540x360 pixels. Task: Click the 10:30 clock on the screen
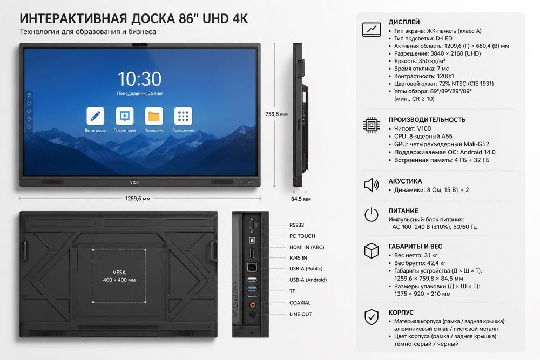(x=139, y=79)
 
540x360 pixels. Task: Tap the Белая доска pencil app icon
(x=96, y=116)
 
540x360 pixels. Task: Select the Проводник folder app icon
(x=154, y=116)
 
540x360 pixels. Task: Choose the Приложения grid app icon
(x=183, y=116)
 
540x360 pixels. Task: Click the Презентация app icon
(x=125, y=116)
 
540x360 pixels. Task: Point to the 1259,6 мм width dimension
(x=138, y=199)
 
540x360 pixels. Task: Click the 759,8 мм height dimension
(x=276, y=114)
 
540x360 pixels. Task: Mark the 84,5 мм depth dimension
(x=301, y=199)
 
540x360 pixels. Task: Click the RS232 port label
(x=296, y=225)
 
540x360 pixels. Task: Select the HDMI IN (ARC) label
(x=307, y=247)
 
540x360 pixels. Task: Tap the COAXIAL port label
(x=300, y=303)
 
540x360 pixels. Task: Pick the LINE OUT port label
(x=301, y=314)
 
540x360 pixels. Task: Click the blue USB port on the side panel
(x=252, y=288)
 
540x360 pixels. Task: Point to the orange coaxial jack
(x=252, y=304)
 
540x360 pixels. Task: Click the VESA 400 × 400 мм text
(x=119, y=276)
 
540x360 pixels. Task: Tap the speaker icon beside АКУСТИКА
(x=372, y=185)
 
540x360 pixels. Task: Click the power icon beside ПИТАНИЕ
(x=372, y=214)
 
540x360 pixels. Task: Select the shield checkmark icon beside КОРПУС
(x=372, y=317)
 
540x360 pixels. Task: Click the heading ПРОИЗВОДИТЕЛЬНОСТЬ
(x=427, y=120)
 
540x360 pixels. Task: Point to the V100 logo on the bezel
(x=134, y=182)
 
